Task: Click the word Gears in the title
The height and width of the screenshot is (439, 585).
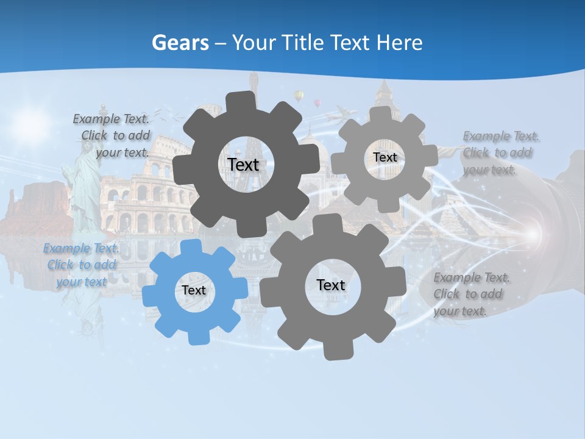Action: tap(180, 43)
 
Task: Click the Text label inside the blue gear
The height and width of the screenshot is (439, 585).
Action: tap(194, 291)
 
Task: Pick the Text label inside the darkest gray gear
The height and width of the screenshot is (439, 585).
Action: tap(243, 165)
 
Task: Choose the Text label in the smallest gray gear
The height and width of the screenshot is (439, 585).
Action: tap(385, 157)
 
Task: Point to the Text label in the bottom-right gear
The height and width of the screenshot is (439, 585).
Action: tap(331, 285)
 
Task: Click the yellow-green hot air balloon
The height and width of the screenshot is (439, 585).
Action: tap(298, 96)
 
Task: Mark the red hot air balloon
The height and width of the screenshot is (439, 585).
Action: tap(317, 102)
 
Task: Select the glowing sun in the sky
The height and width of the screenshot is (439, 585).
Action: tap(30, 122)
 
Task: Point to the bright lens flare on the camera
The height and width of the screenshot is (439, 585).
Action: tap(531, 234)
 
